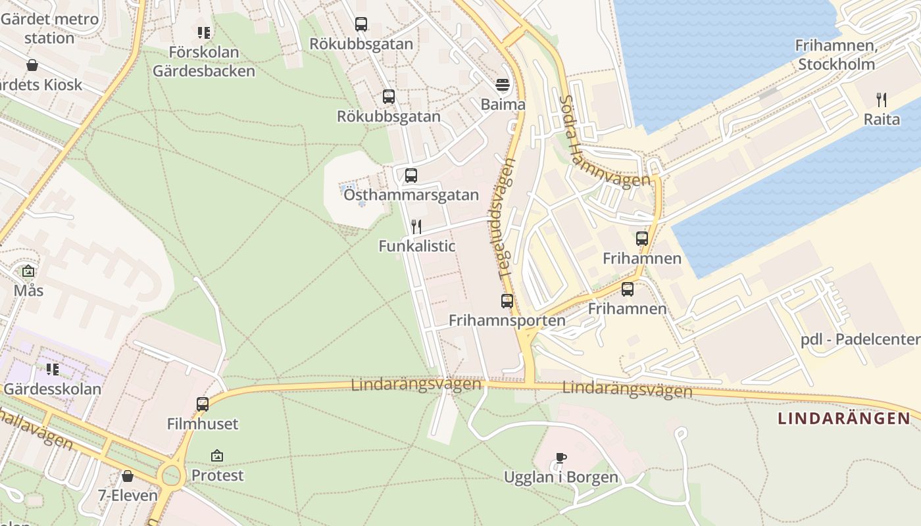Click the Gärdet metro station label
[x=49, y=28]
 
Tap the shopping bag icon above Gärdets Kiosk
[x=32, y=65]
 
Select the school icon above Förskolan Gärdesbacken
[x=204, y=32]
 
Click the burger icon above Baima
[x=503, y=85]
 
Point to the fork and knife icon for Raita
[x=882, y=100]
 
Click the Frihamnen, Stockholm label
[x=835, y=55]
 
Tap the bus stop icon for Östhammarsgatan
[x=411, y=176]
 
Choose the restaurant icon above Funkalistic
[x=416, y=227]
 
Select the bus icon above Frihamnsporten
[x=507, y=301]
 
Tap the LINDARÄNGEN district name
[x=844, y=418]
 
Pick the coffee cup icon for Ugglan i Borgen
[x=560, y=458]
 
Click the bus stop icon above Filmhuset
[x=203, y=404]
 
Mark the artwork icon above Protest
[x=217, y=455]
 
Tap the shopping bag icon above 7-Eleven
[x=128, y=475]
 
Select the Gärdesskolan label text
[x=53, y=389]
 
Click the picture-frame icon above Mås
[x=28, y=271]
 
